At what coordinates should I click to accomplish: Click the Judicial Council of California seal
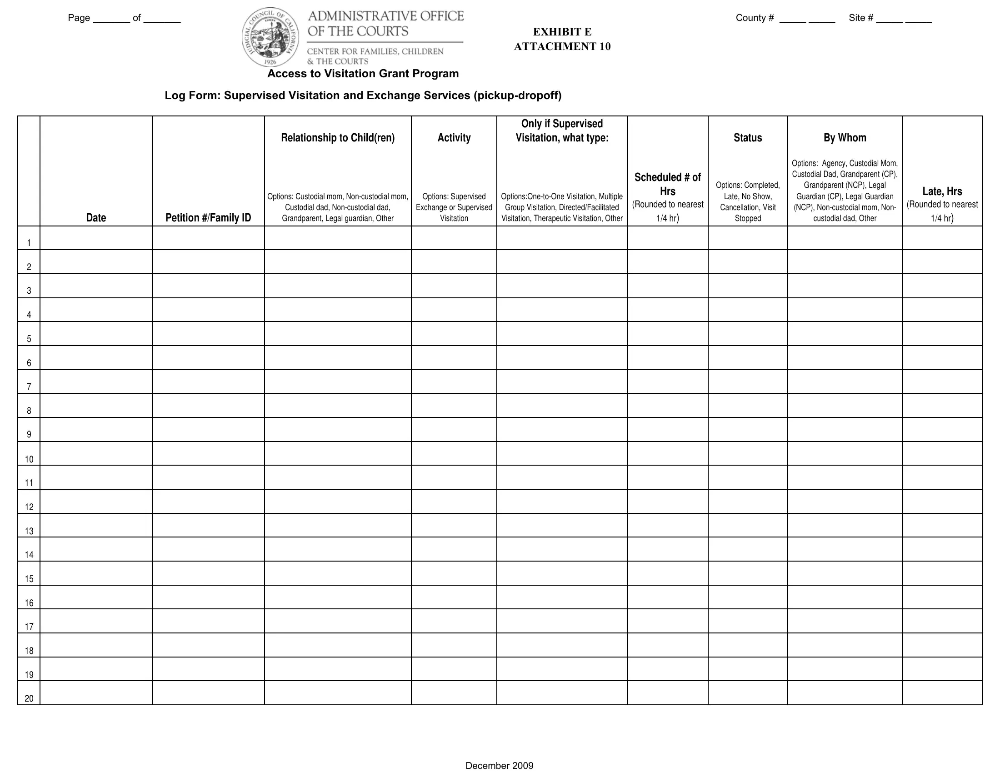tap(270, 37)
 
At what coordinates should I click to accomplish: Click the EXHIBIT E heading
tap(562, 32)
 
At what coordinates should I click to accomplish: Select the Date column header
tap(96, 217)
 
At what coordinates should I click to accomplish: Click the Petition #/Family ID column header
tap(208, 217)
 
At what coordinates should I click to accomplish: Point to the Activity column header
tap(454, 138)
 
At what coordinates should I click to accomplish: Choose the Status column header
tap(748, 138)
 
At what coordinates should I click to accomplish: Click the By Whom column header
tap(845, 138)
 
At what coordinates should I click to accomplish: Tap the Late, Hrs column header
tap(942, 191)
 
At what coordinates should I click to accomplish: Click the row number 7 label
tap(29, 386)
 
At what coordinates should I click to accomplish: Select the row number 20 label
tap(29, 698)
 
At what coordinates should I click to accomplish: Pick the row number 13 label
tap(29, 531)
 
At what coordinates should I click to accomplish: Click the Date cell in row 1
tap(96, 238)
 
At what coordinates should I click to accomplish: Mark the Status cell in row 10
tap(748, 453)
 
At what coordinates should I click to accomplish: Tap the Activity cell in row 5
tap(454, 333)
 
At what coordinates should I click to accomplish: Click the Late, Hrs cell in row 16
tap(942, 597)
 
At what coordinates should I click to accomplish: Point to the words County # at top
tap(755, 18)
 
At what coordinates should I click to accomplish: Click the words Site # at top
tap(861, 18)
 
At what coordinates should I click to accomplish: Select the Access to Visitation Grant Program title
tap(363, 74)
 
